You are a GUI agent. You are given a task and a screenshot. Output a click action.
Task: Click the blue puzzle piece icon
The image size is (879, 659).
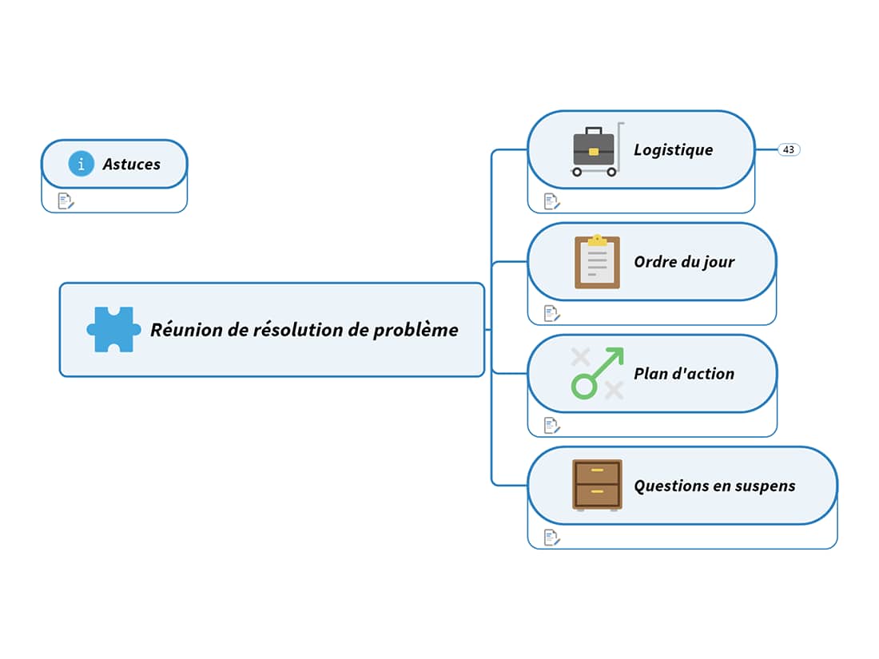tap(113, 329)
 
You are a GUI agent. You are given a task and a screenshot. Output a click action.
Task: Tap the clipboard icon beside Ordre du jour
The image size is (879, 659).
tap(597, 262)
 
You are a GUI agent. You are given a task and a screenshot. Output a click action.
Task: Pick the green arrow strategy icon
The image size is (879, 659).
tap(597, 373)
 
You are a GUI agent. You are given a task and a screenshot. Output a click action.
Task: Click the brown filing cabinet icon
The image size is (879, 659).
tap(597, 485)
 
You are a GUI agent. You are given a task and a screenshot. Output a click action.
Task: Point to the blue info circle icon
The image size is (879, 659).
tap(81, 164)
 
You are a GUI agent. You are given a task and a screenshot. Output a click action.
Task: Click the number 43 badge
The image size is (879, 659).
tap(789, 149)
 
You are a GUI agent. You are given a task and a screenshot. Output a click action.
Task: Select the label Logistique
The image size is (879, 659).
tap(673, 149)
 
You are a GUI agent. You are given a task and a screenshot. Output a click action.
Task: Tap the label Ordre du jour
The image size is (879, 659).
tap(684, 261)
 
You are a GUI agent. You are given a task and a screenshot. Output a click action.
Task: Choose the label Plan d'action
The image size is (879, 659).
tap(684, 373)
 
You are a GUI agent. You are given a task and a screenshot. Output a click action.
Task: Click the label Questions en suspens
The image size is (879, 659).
tap(714, 486)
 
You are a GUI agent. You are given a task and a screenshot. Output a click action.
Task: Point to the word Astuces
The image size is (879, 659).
tap(131, 164)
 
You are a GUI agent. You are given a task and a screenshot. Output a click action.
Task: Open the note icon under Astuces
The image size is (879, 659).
tap(66, 201)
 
